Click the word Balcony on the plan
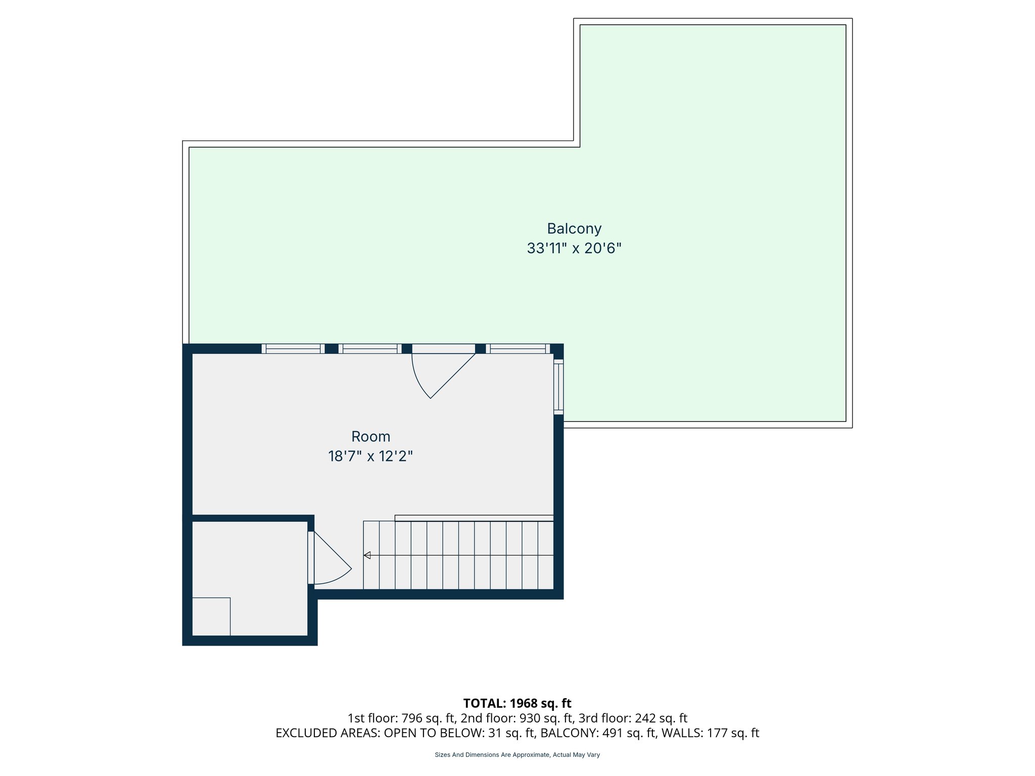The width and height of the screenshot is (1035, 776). tap(574, 229)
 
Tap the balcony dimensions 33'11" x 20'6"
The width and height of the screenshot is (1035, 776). tap(574, 249)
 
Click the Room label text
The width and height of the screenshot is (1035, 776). tap(370, 437)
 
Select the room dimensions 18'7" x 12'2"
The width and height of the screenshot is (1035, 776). tap(370, 457)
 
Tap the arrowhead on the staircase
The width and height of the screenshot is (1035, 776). tap(367, 556)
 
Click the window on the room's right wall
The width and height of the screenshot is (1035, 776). tap(558, 386)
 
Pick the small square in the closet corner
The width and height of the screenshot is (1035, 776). tap(211, 616)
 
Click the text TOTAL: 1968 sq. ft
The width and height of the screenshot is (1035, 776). tap(517, 703)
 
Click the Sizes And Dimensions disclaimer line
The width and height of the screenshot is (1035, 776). tap(517, 755)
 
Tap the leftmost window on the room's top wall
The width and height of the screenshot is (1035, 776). tap(293, 349)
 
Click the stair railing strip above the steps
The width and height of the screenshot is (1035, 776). tap(474, 518)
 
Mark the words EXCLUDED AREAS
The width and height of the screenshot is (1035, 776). tap(327, 733)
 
